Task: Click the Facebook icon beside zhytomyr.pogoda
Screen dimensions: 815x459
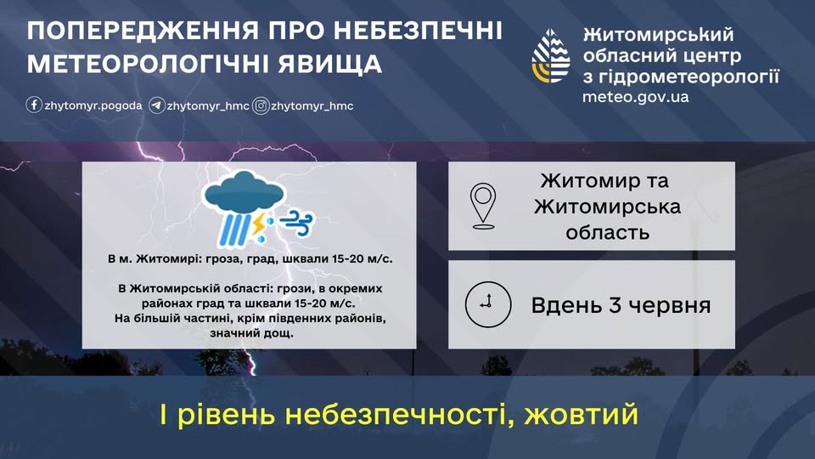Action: click(x=34, y=105)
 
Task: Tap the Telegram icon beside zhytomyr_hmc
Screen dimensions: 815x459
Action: click(x=156, y=105)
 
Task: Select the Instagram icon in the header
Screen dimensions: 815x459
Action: click(x=261, y=105)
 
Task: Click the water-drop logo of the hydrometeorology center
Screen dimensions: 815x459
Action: click(x=551, y=56)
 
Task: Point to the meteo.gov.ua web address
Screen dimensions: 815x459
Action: click(x=635, y=97)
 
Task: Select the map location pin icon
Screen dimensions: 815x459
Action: click(x=483, y=206)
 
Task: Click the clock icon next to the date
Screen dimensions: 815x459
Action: click(x=488, y=304)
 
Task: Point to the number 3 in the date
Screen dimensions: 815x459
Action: click(x=615, y=305)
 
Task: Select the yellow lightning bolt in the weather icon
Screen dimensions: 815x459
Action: click(x=258, y=223)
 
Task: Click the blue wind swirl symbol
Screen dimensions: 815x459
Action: click(x=297, y=223)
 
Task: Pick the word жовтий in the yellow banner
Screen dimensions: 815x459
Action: click(x=581, y=414)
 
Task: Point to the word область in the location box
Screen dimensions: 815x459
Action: click(x=607, y=232)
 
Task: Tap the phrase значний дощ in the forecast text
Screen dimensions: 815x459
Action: click(x=251, y=333)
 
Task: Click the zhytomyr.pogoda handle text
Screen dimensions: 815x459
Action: click(x=93, y=105)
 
